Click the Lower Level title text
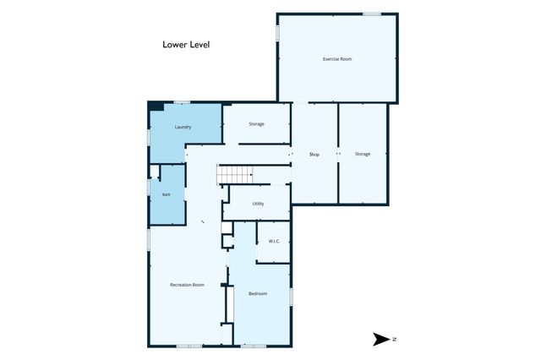(186, 45)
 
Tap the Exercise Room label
(337, 59)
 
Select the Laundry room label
(183, 127)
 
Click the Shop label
(314, 155)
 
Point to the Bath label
(167, 194)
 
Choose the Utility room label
(258, 204)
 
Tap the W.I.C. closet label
(274, 241)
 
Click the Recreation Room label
(187, 285)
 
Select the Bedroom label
(258, 293)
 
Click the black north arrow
(380, 340)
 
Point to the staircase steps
(235, 174)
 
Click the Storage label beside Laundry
(256, 123)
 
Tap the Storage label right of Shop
(363, 154)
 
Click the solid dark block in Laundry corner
(156, 106)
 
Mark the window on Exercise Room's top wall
(372, 14)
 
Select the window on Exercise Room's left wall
(277, 34)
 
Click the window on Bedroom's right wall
(291, 297)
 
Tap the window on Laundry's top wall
(182, 102)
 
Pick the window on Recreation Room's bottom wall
(189, 346)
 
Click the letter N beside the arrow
(395, 340)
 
